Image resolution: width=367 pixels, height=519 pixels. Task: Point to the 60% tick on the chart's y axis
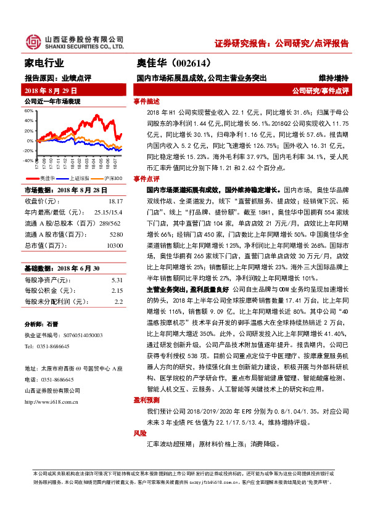[28, 110]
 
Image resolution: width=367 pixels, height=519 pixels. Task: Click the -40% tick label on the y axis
[28, 160]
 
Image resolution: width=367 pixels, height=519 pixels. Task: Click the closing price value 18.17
[115, 202]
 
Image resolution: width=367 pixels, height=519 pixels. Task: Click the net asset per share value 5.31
[117, 280]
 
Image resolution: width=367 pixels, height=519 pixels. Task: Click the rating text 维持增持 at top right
[333, 78]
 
